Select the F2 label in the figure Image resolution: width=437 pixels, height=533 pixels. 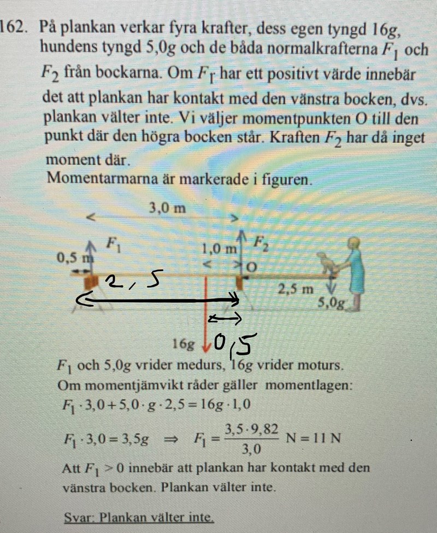pos(262,244)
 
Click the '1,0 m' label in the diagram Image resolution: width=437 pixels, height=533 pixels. pos(219,250)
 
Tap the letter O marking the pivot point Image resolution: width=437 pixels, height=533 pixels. pos(252,268)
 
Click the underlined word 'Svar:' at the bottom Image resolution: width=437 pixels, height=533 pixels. pos(80,517)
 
